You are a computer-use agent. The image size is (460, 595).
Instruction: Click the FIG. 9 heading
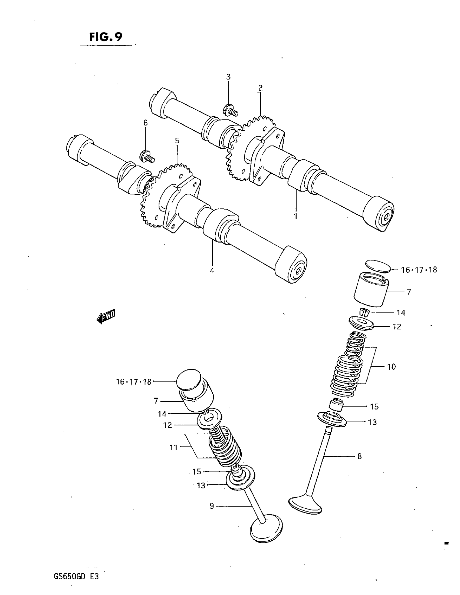point(106,37)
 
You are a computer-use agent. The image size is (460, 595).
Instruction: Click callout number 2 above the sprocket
point(260,88)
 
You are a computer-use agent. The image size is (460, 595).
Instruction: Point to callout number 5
point(177,141)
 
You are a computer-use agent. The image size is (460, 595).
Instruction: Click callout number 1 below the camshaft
point(296,216)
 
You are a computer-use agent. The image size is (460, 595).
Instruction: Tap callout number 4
point(212,270)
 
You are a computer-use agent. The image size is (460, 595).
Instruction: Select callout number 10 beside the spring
point(391,367)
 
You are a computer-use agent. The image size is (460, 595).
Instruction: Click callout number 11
point(174,447)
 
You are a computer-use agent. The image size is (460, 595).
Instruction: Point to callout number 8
point(359,456)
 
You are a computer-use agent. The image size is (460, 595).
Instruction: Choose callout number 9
point(212,506)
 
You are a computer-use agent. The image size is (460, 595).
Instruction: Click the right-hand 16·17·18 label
point(419,270)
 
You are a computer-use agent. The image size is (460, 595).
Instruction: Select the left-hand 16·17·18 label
point(134,382)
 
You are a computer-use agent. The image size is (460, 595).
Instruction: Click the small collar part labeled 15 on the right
point(336,405)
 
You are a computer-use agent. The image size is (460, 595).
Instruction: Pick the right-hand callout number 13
point(372,422)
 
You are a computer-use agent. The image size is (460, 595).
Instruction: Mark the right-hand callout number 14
point(400,313)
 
